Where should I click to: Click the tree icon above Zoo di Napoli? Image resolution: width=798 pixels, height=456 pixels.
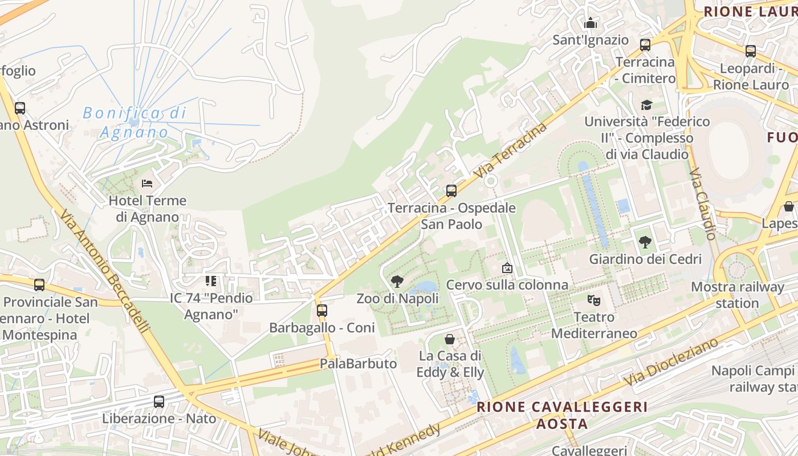tap(397, 281)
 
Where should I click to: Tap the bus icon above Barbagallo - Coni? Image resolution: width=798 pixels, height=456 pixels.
tap(322, 311)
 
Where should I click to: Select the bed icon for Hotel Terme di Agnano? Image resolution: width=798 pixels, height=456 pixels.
tap(147, 184)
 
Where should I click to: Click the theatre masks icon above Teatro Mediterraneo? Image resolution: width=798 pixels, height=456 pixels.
tap(594, 299)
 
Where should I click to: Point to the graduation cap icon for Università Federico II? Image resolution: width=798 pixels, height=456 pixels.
tap(646, 105)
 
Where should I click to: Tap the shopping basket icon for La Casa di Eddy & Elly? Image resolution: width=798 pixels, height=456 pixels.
tap(450, 339)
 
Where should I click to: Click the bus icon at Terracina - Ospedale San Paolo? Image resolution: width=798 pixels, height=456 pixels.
tap(451, 190)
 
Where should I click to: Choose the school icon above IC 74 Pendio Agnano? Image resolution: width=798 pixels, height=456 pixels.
tap(211, 281)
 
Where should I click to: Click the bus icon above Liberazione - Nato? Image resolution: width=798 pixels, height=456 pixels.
tap(159, 401)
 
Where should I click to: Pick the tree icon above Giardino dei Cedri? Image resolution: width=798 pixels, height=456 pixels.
tap(645, 242)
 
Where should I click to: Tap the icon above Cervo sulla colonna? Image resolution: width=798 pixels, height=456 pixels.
tap(507, 267)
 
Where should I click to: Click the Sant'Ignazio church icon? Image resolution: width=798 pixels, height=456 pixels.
tap(591, 23)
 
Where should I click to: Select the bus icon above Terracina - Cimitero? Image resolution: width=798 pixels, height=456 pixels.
tap(645, 44)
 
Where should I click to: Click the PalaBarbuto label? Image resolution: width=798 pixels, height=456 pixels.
tap(358, 364)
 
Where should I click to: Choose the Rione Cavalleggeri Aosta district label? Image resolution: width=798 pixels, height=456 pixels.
tap(562, 415)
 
